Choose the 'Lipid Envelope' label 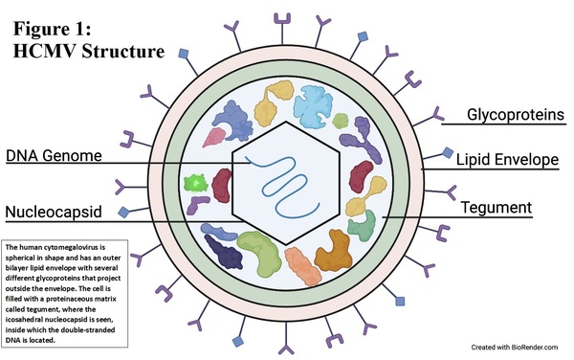coord(507,159)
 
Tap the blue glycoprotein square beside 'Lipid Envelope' coord(449,152)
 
